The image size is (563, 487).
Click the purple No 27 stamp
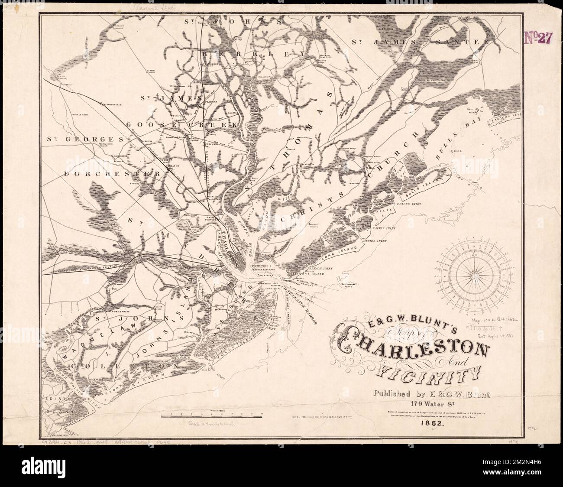point(538,38)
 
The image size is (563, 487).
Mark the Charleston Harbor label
point(301,306)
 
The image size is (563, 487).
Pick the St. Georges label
point(85,140)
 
